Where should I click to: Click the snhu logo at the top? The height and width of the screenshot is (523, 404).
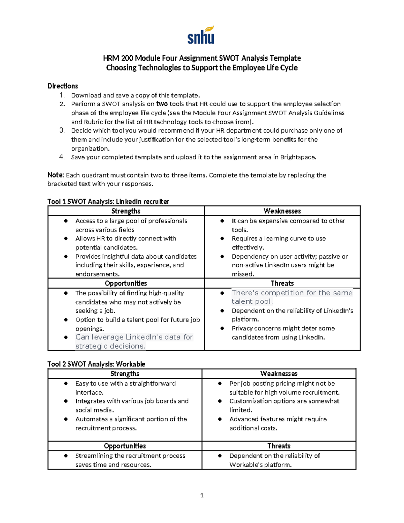(x=201, y=35)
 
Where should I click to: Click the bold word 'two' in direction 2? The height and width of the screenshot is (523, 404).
(x=162, y=104)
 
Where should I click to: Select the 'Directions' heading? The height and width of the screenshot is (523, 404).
(x=63, y=86)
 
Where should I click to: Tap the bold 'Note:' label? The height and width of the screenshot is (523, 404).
(x=56, y=175)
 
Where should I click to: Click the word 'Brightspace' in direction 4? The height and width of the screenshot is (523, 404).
(x=298, y=157)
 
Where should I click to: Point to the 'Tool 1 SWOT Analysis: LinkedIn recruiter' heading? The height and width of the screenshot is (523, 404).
(x=108, y=202)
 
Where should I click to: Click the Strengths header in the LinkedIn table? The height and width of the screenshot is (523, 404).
(x=126, y=211)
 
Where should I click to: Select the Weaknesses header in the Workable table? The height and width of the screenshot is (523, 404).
(x=279, y=374)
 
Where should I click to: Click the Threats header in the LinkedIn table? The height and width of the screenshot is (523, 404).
(x=282, y=284)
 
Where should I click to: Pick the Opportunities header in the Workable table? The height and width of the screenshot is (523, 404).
(x=125, y=446)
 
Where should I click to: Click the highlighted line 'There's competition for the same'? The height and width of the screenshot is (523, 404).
(x=292, y=293)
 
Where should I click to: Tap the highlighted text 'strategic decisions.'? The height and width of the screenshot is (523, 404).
(x=110, y=346)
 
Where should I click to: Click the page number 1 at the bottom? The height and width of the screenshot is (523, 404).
(x=202, y=495)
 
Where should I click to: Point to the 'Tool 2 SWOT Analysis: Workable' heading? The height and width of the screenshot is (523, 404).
(x=96, y=364)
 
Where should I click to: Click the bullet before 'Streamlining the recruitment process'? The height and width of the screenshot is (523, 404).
(x=66, y=456)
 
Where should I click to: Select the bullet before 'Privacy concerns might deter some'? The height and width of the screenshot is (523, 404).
(x=222, y=328)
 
